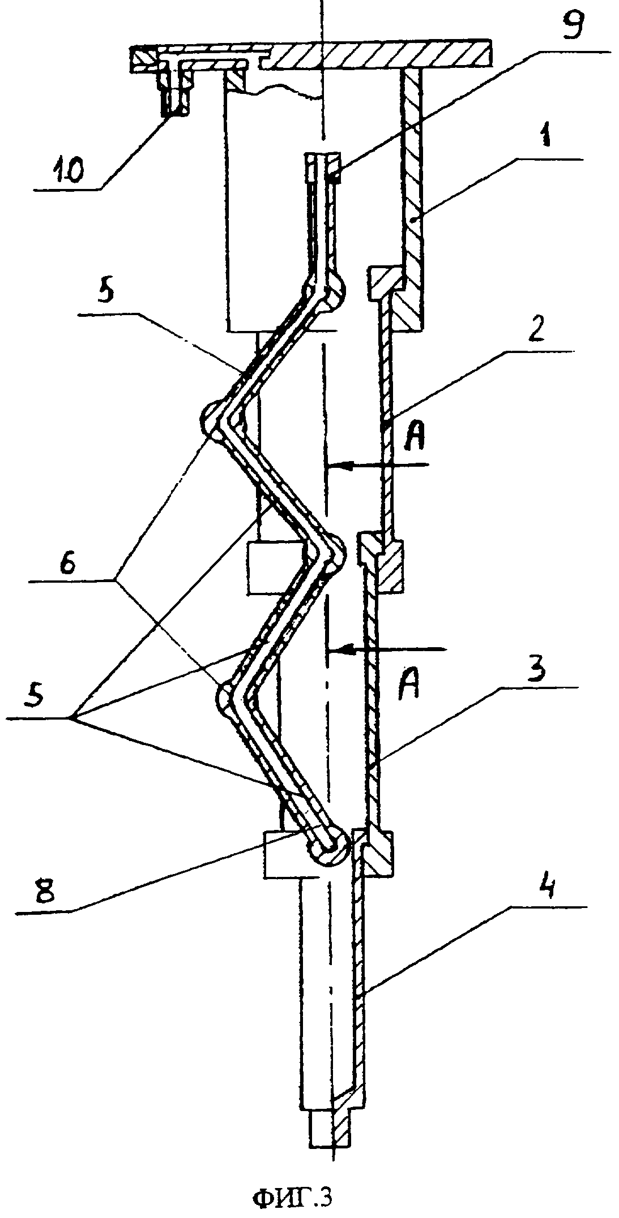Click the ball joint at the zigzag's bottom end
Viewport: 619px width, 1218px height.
[327, 847]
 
